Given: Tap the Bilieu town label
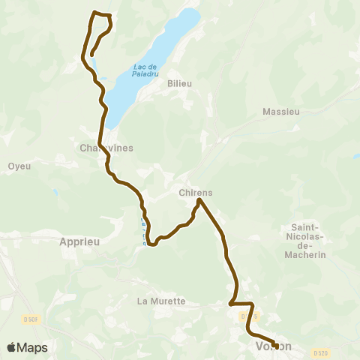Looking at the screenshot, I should [181, 83].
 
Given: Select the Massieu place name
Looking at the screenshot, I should [281, 112].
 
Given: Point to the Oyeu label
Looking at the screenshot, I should [19, 166].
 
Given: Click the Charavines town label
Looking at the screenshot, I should [106, 148].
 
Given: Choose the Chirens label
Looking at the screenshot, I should [196, 192].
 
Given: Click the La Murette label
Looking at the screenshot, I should [161, 301].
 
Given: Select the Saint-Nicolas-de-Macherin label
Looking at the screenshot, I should [305, 241].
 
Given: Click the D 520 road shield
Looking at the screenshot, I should [321, 352].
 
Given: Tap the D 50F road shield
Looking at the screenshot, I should [30, 319].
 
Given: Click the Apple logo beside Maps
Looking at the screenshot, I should [12, 347].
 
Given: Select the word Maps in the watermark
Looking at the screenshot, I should [32, 347].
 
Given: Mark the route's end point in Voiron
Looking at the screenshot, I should [276, 346].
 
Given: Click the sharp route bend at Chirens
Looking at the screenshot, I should [199, 200].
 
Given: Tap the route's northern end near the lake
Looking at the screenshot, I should [91, 55].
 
